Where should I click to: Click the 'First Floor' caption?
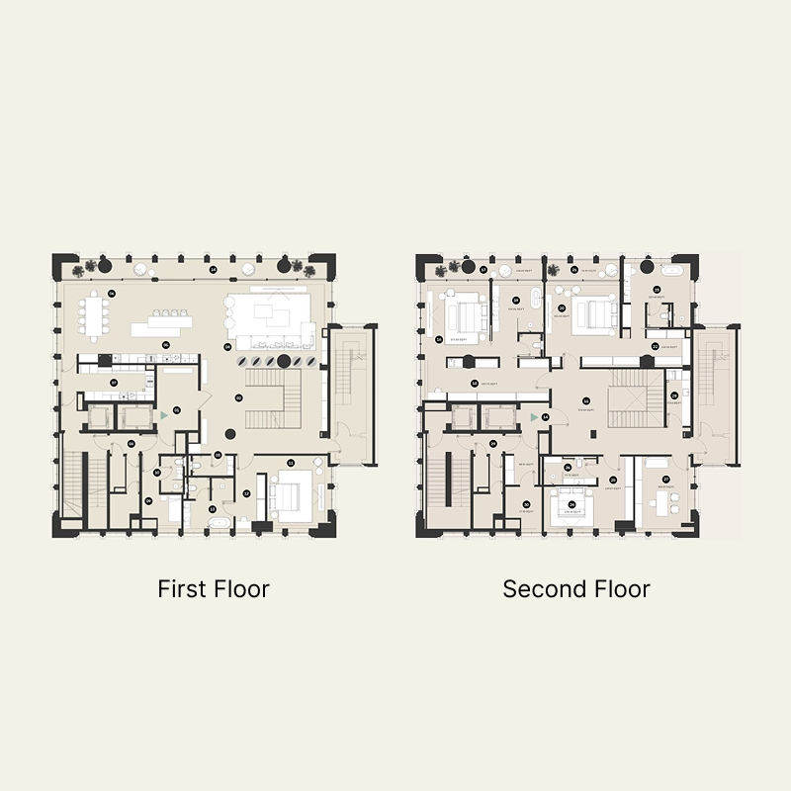point(214,589)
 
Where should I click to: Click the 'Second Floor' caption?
point(576,589)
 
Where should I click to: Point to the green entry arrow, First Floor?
point(164,416)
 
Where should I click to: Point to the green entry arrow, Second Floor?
point(534,418)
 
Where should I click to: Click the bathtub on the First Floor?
point(219,520)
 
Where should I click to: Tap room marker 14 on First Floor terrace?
point(214,268)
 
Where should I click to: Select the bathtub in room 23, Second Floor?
point(673,271)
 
